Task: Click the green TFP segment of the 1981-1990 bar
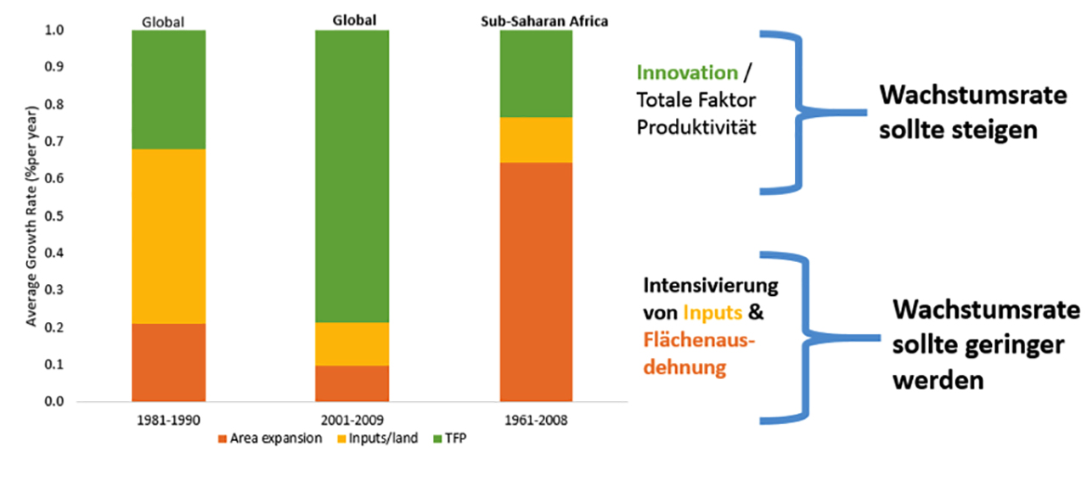coord(169,90)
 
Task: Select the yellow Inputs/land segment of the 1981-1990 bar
coord(169,237)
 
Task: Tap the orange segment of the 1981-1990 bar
coord(169,362)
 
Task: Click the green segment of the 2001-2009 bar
coord(352,176)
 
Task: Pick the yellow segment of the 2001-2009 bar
coord(352,343)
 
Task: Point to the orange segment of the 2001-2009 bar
coord(352,383)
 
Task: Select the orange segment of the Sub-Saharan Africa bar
coord(535,282)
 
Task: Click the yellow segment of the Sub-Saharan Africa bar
coord(535,140)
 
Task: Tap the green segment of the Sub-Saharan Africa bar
coord(535,74)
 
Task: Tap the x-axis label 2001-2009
coord(352,419)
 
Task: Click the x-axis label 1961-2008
coord(535,419)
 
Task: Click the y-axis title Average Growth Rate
coord(31,216)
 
